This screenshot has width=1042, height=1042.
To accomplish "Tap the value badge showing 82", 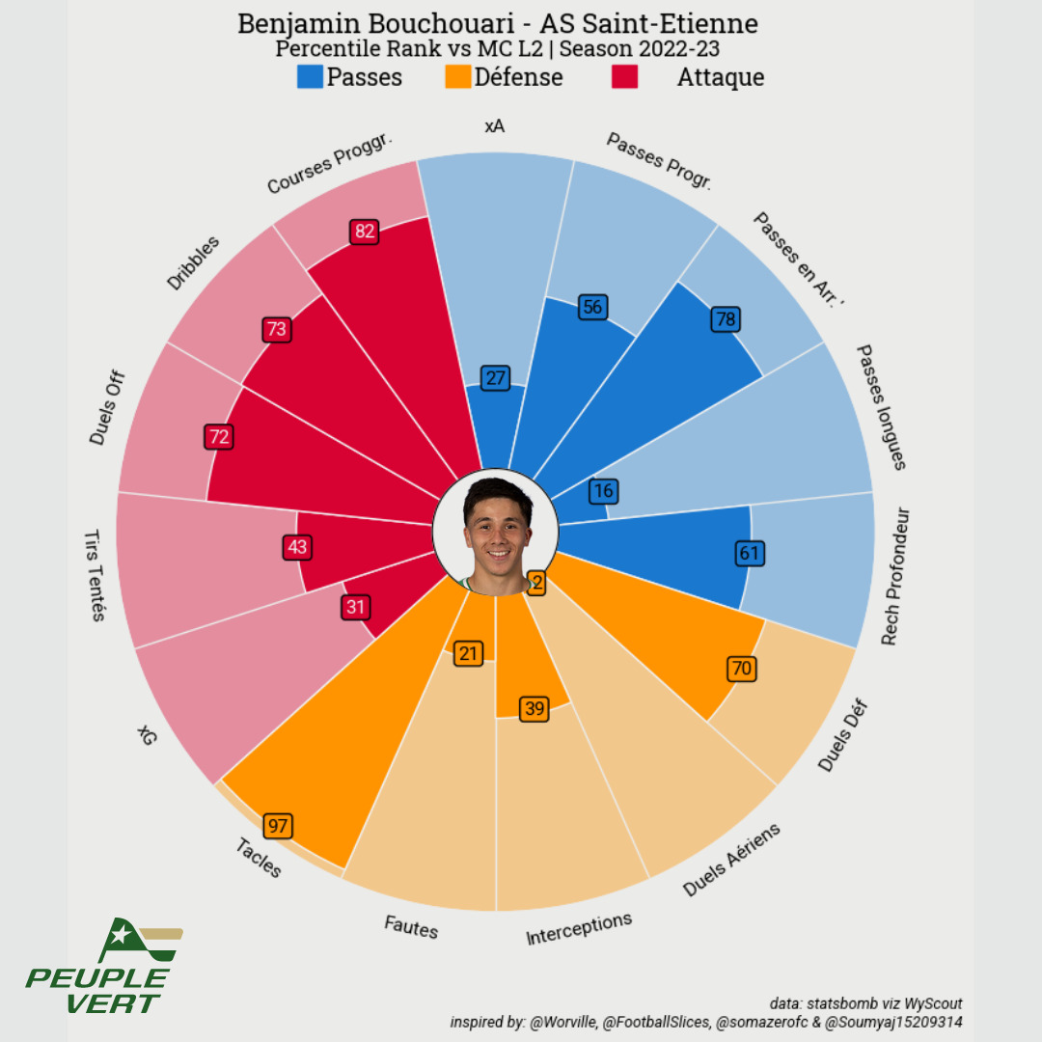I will pyautogui.click(x=364, y=232).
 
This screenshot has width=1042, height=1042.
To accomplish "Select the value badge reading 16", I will pyautogui.click(x=603, y=491).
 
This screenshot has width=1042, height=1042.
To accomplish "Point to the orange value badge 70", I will pyautogui.click(x=741, y=669).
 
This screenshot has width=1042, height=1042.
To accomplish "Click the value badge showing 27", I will pyautogui.click(x=496, y=378).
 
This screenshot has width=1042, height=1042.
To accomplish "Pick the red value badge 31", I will pyautogui.click(x=356, y=607).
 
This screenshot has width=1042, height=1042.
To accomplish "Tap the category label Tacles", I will pyautogui.click(x=259, y=858).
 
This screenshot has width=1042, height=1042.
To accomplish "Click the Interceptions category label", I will pyautogui.click(x=579, y=928).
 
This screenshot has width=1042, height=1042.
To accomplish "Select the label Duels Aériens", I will pyautogui.click(x=731, y=860).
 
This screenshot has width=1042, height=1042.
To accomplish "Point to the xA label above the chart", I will pyautogui.click(x=495, y=126).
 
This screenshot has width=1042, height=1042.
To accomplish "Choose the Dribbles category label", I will pyautogui.click(x=194, y=262).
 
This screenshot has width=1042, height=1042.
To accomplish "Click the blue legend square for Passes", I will pyautogui.click(x=311, y=77).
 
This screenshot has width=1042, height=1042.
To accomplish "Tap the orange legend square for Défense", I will pyautogui.click(x=458, y=77).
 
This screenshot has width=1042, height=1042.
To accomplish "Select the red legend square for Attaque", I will pyautogui.click(x=625, y=77).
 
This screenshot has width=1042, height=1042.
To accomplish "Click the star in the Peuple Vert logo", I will pyautogui.click(x=120, y=934).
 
